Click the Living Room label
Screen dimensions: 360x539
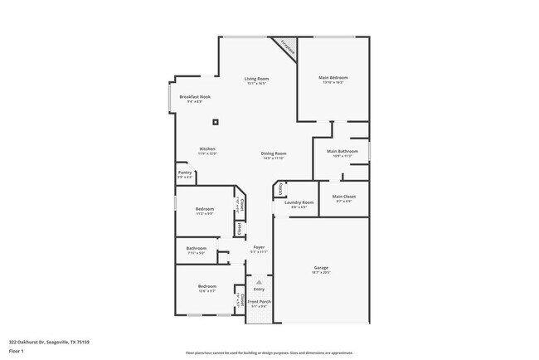[x=257, y=80]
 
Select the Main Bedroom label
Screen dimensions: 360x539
[x=331, y=80]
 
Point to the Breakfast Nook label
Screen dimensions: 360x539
[x=195, y=97]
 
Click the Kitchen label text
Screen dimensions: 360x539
[x=207, y=149]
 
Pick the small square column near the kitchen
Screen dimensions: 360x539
[x=216, y=122]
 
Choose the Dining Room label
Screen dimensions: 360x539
[x=274, y=153]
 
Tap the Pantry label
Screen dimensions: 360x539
[x=185, y=173]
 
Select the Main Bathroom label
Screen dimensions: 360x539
[x=342, y=152]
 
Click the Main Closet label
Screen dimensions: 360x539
[x=343, y=197]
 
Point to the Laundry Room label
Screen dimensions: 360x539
[x=299, y=202]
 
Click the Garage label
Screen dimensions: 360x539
[x=321, y=268]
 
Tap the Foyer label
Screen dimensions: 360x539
[x=259, y=248]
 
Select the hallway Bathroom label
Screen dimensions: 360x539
[x=196, y=249]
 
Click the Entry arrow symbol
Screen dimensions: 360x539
[x=259, y=283]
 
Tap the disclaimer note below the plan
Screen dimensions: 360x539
[x=269, y=353]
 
